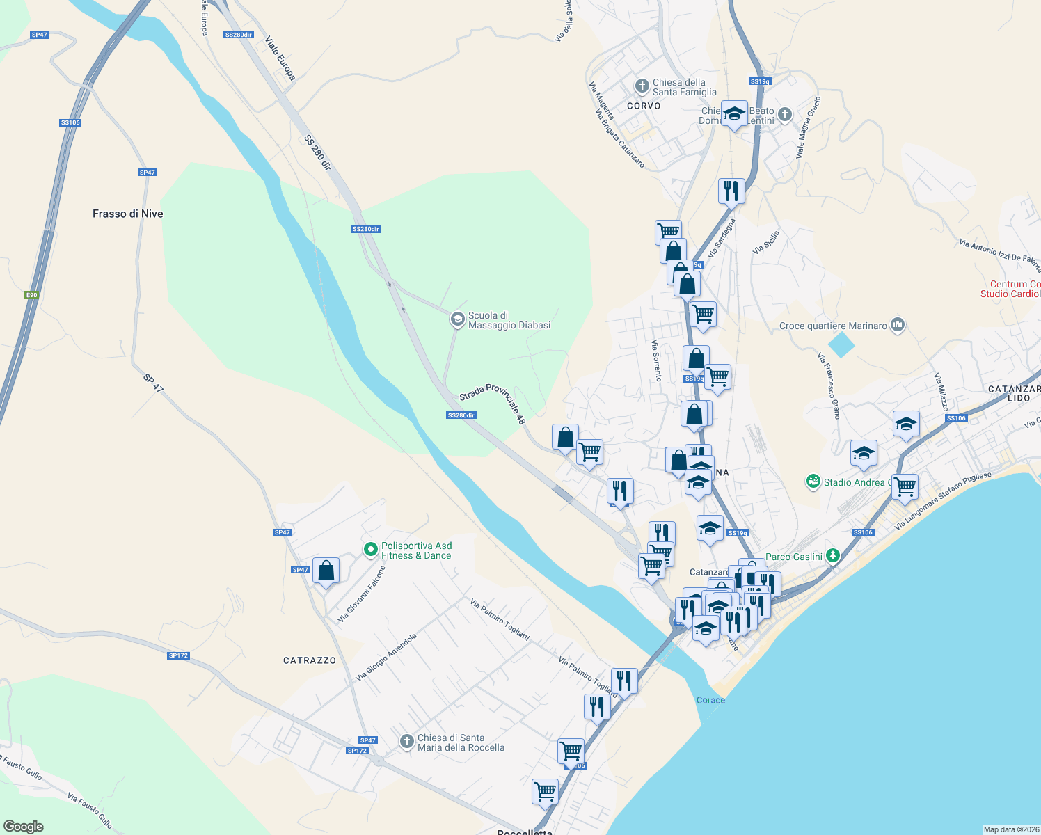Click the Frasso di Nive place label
point(127,214)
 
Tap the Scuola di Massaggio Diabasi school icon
point(457,319)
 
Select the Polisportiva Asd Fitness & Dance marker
point(371,550)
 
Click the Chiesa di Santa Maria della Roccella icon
point(407,742)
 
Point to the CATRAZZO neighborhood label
point(310,660)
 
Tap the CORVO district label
point(644,106)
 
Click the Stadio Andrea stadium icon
point(813,482)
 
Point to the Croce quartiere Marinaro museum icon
point(898,325)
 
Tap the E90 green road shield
point(31,295)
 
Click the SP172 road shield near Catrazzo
point(178,655)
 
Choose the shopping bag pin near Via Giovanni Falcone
point(326,571)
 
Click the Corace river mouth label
point(710,700)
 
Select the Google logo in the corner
point(23,827)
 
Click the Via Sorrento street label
point(656,360)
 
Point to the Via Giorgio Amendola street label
point(386,657)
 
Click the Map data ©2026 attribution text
point(1010,829)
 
